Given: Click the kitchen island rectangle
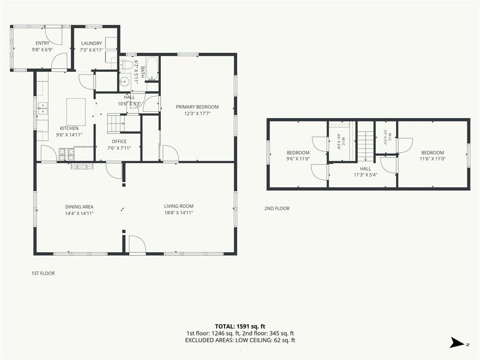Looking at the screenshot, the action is pos(76,112).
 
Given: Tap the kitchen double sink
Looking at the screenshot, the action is pos(43,108).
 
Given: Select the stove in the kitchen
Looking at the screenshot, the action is pos(67,154).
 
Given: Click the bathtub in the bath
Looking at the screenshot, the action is pos(152,69).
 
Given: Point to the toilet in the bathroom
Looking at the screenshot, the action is pos(126,64).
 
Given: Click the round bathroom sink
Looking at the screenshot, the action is pos(125,82).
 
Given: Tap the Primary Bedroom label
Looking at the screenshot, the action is pos(197,107).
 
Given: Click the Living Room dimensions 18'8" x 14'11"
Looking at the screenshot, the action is pos(179,213).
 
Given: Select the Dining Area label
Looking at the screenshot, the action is pos(79,207).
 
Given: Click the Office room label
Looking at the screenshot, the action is pos(119,142).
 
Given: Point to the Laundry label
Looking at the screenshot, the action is pos(91,44).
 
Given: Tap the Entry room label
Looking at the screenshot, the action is pos(42,43).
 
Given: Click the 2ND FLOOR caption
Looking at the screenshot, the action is pos(277,209).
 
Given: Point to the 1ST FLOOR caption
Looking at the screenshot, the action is pos(43,273).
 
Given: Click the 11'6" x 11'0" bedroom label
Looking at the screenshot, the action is pos(433,159).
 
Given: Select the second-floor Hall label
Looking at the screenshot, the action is pos(366,169).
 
